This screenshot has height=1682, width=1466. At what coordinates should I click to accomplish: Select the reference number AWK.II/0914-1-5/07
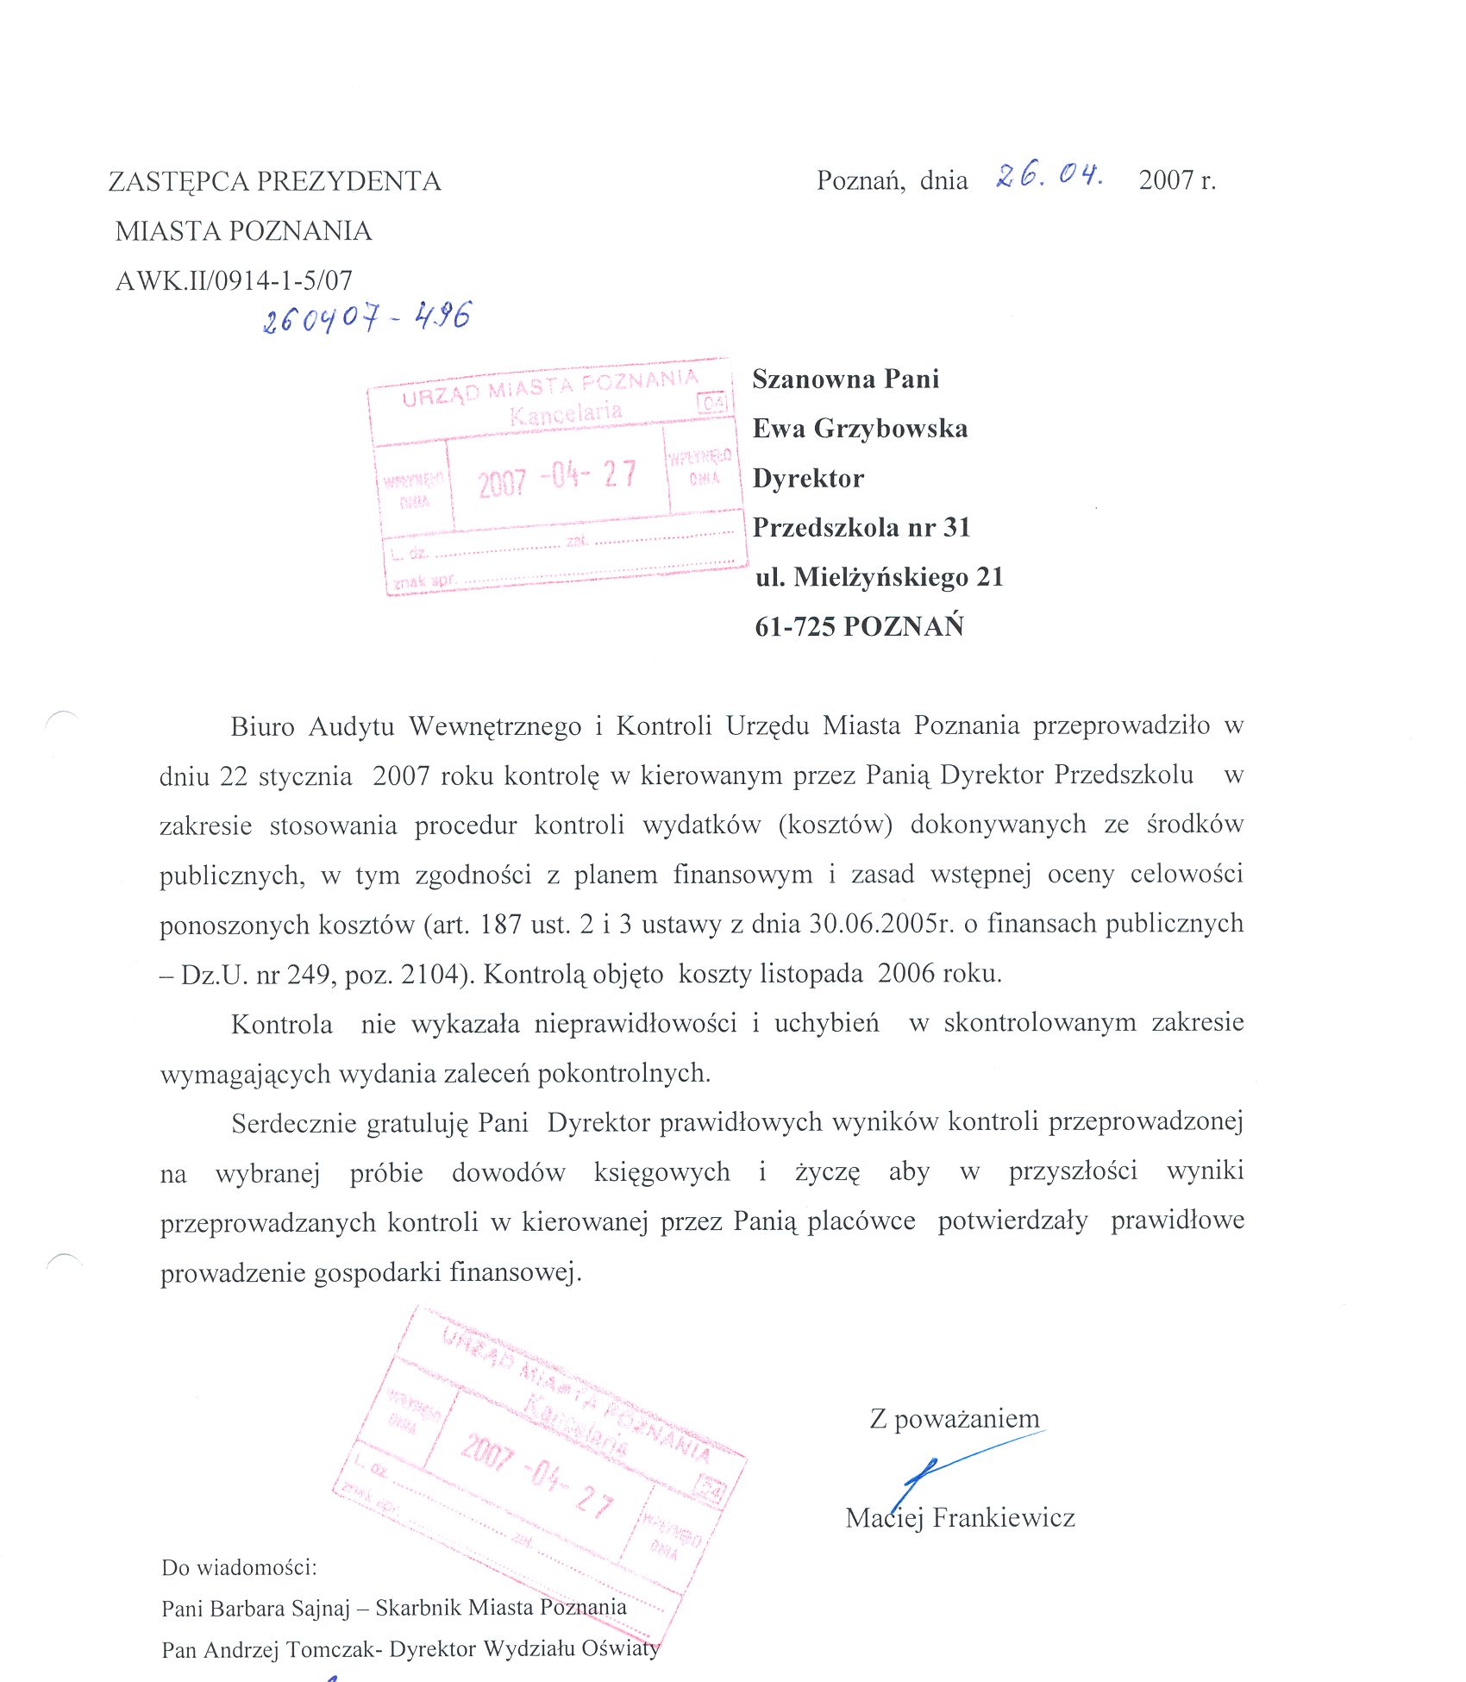click(x=234, y=280)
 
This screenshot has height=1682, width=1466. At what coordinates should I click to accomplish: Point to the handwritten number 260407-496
click(x=366, y=318)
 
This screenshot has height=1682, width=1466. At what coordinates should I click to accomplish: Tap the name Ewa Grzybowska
click(x=860, y=429)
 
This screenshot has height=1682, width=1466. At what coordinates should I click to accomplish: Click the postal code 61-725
click(x=795, y=626)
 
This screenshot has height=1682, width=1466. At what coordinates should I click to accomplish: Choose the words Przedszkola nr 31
click(x=861, y=527)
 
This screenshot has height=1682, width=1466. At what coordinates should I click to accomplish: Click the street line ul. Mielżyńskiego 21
click(x=880, y=577)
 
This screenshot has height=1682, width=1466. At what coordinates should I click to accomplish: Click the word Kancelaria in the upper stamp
click(x=566, y=413)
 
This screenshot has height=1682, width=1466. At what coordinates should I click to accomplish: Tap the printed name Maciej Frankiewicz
click(x=960, y=1518)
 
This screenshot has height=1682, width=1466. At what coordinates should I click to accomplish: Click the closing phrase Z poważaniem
click(x=955, y=1419)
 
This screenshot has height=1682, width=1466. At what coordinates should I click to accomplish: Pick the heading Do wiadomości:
click(x=239, y=1567)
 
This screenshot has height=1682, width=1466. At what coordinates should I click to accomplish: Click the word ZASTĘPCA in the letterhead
click(x=179, y=181)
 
